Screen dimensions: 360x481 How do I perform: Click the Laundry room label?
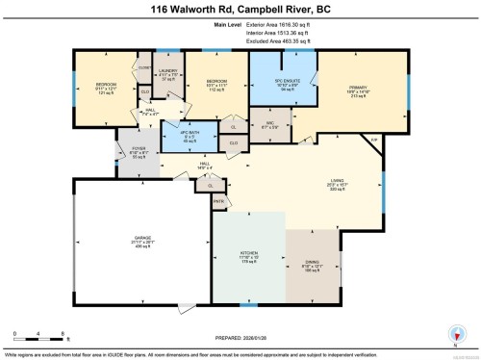(168, 74)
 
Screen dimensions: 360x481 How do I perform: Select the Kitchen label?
(249, 257)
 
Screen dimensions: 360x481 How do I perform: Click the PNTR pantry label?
(218, 201)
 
